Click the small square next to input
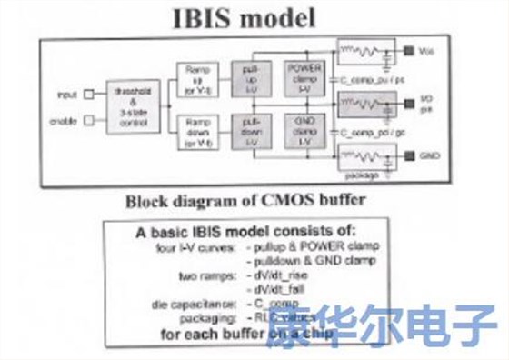click(x=87, y=94)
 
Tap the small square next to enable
click(x=87, y=119)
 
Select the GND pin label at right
click(x=431, y=156)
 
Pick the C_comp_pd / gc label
click(x=365, y=132)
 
